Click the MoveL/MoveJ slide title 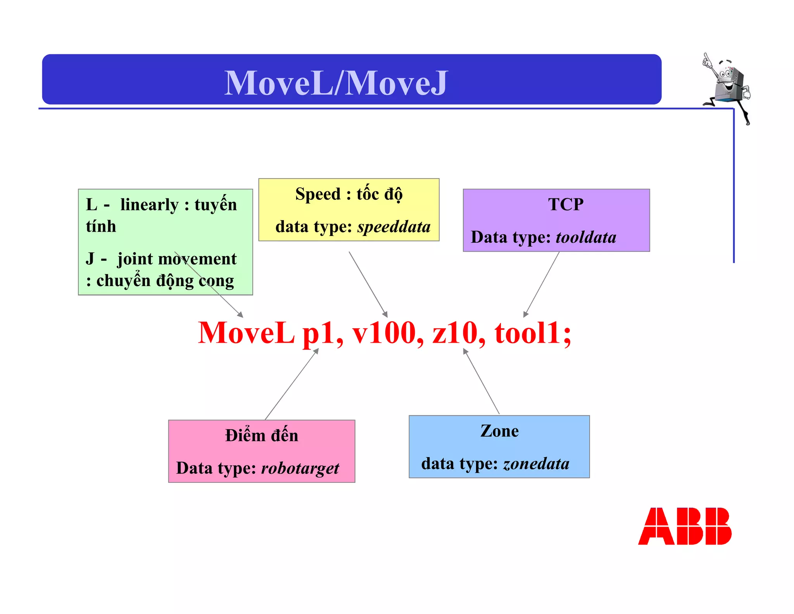[x=336, y=83]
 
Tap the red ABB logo [x=684, y=526]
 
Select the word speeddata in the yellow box [x=394, y=227]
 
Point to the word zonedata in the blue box [x=536, y=464]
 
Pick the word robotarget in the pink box [x=300, y=468]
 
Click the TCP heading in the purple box [x=566, y=205]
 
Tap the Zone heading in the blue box [x=499, y=431]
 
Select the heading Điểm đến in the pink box [x=262, y=435]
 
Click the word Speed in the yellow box [x=318, y=194]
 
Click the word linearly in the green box [x=149, y=205]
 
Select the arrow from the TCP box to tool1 [x=542, y=284]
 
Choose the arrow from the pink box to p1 [x=292, y=384]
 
